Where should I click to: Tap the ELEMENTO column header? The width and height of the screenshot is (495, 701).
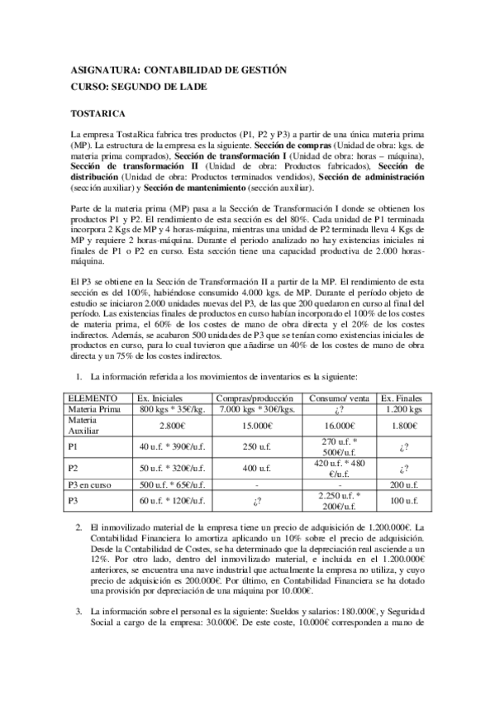(93, 398)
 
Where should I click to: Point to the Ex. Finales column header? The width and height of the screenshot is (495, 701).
(402, 398)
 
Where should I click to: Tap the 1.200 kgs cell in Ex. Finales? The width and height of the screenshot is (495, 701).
(402, 409)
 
